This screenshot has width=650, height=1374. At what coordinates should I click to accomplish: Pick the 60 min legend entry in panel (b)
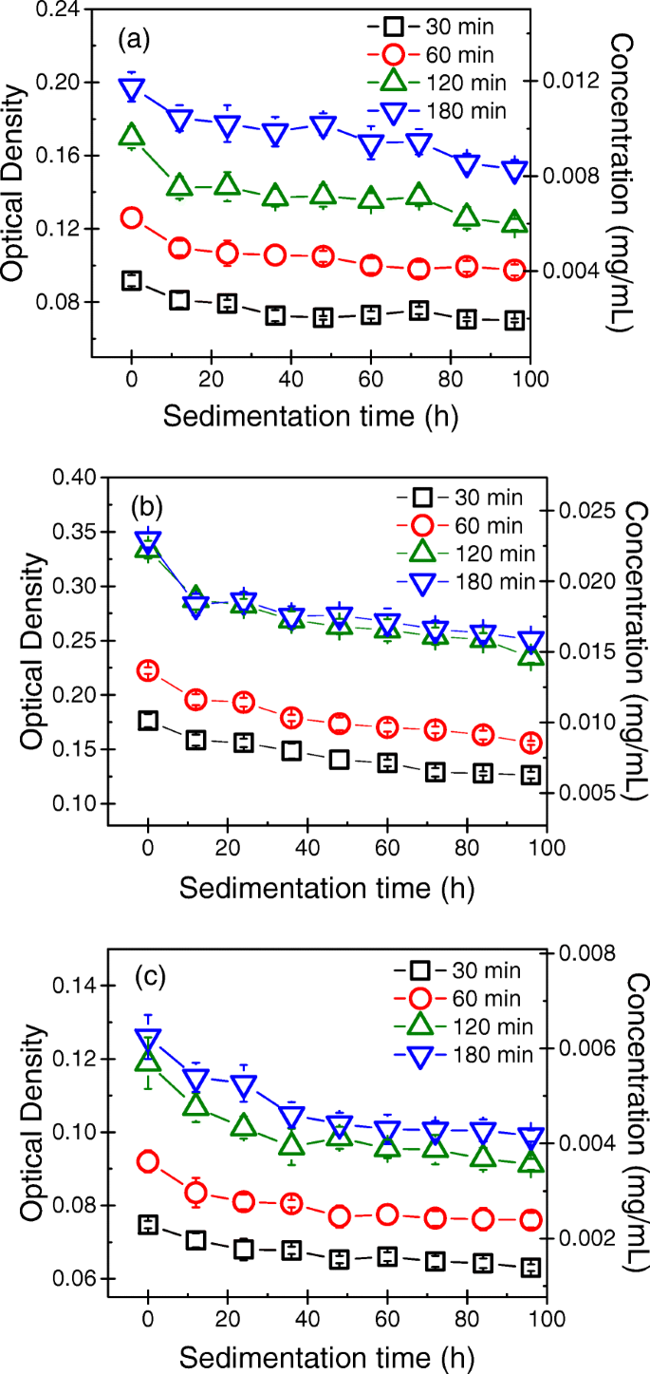point(467,524)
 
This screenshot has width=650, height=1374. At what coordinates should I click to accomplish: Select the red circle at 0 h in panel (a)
point(132,218)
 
